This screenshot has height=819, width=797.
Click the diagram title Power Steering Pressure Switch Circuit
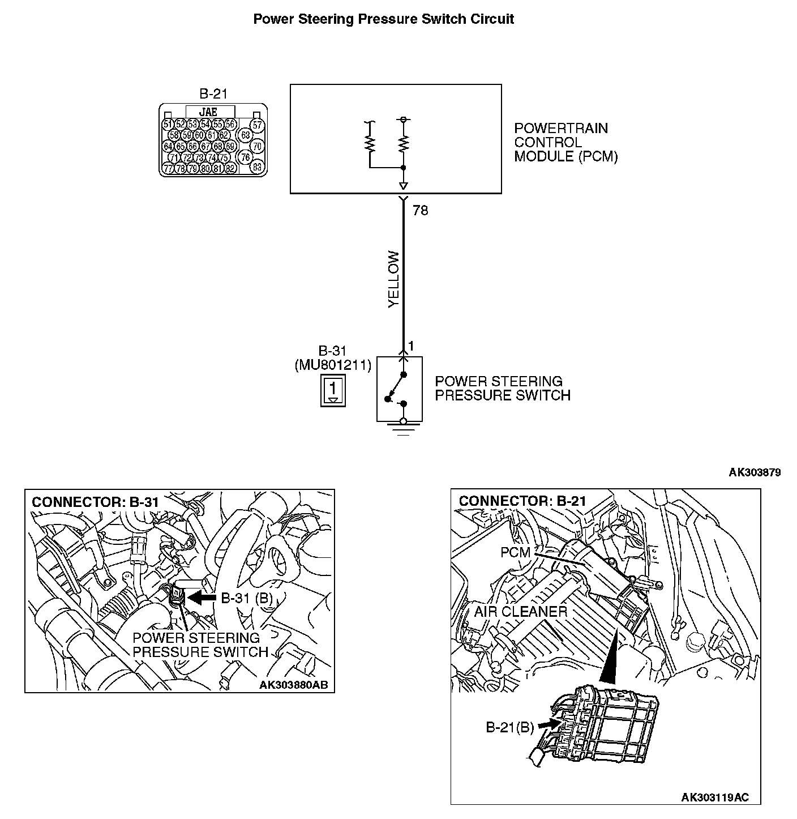[x=383, y=19]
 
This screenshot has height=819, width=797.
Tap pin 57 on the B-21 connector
[x=257, y=125]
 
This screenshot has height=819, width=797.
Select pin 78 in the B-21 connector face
[x=181, y=168]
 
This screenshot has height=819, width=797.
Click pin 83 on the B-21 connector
[x=257, y=167]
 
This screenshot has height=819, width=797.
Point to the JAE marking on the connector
[x=209, y=112]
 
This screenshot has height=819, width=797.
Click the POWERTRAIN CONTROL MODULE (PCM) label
[x=565, y=142]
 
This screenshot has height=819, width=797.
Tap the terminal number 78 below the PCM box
[x=421, y=211]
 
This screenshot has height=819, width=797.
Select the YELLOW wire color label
[x=394, y=279]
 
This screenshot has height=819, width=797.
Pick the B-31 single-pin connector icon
[x=333, y=390]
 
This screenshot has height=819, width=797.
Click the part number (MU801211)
[x=333, y=365]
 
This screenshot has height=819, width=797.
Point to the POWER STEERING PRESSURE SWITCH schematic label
[x=502, y=388]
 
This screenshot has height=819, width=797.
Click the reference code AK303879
[x=755, y=472]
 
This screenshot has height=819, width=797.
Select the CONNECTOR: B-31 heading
[x=95, y=502]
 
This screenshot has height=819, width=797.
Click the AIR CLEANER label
[x=520, y=612]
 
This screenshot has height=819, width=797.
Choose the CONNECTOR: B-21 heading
[x=522, y=501]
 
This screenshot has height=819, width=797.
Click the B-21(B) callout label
[x=510, y=727]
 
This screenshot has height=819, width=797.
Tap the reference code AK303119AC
[x=714, y=797]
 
